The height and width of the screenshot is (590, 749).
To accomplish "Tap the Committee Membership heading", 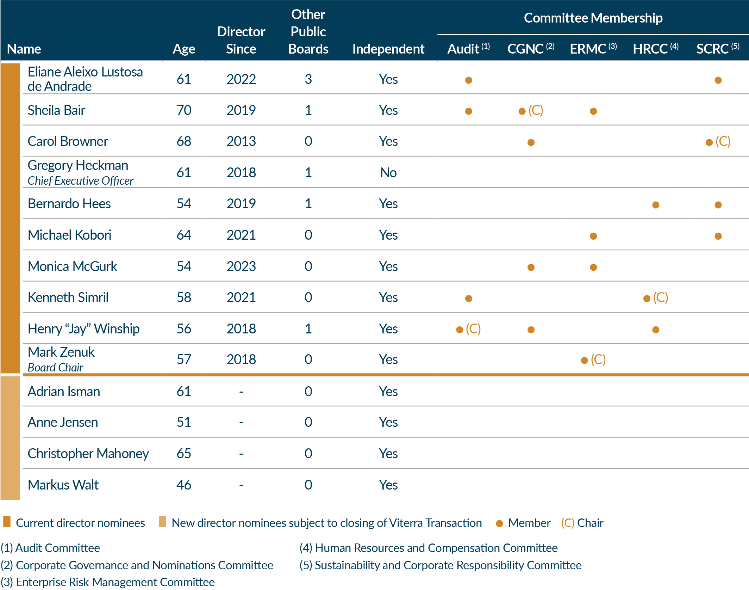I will click(593, 18).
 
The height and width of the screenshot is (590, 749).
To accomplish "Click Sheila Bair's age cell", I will click(184, 110).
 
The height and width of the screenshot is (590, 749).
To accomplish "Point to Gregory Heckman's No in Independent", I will click(388, 173).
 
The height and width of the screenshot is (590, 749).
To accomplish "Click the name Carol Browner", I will click(68, 141).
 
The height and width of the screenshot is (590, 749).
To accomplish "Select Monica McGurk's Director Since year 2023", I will click(241, 266).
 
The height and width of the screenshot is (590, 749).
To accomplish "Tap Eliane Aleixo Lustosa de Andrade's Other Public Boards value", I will click(308, 79).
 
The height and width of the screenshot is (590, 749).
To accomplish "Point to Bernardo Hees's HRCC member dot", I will click(656, 205).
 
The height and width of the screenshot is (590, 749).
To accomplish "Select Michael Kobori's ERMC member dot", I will click(593, 236).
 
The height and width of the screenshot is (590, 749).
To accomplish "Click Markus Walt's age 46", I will click(184, 485).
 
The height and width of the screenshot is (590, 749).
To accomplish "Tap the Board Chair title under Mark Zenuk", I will click(55, 368).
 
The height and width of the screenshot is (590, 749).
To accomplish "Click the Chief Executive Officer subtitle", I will click(80, 181).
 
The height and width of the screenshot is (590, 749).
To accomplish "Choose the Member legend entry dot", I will click(499, 523).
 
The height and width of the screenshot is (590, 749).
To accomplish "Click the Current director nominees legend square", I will click(7, 522).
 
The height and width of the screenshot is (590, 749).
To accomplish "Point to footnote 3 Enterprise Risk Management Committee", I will click(108, 582).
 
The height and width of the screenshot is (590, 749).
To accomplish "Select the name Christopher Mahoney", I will click(88, 454).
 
